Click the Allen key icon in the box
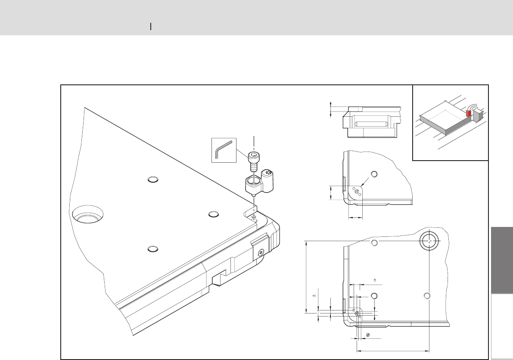coord(224,150)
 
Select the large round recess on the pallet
coord(87,214)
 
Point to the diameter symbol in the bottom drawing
coord(367,335)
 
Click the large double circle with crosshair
coord(429,242)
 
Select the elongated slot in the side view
coord(369,124)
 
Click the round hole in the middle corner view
coord(374,174)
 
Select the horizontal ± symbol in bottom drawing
coord(375,280)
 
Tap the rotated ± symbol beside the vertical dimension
coord(314,296)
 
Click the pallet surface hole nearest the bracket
coord(213,214)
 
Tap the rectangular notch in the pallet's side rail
coord(221,277)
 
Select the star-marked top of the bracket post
coord(269,174)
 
